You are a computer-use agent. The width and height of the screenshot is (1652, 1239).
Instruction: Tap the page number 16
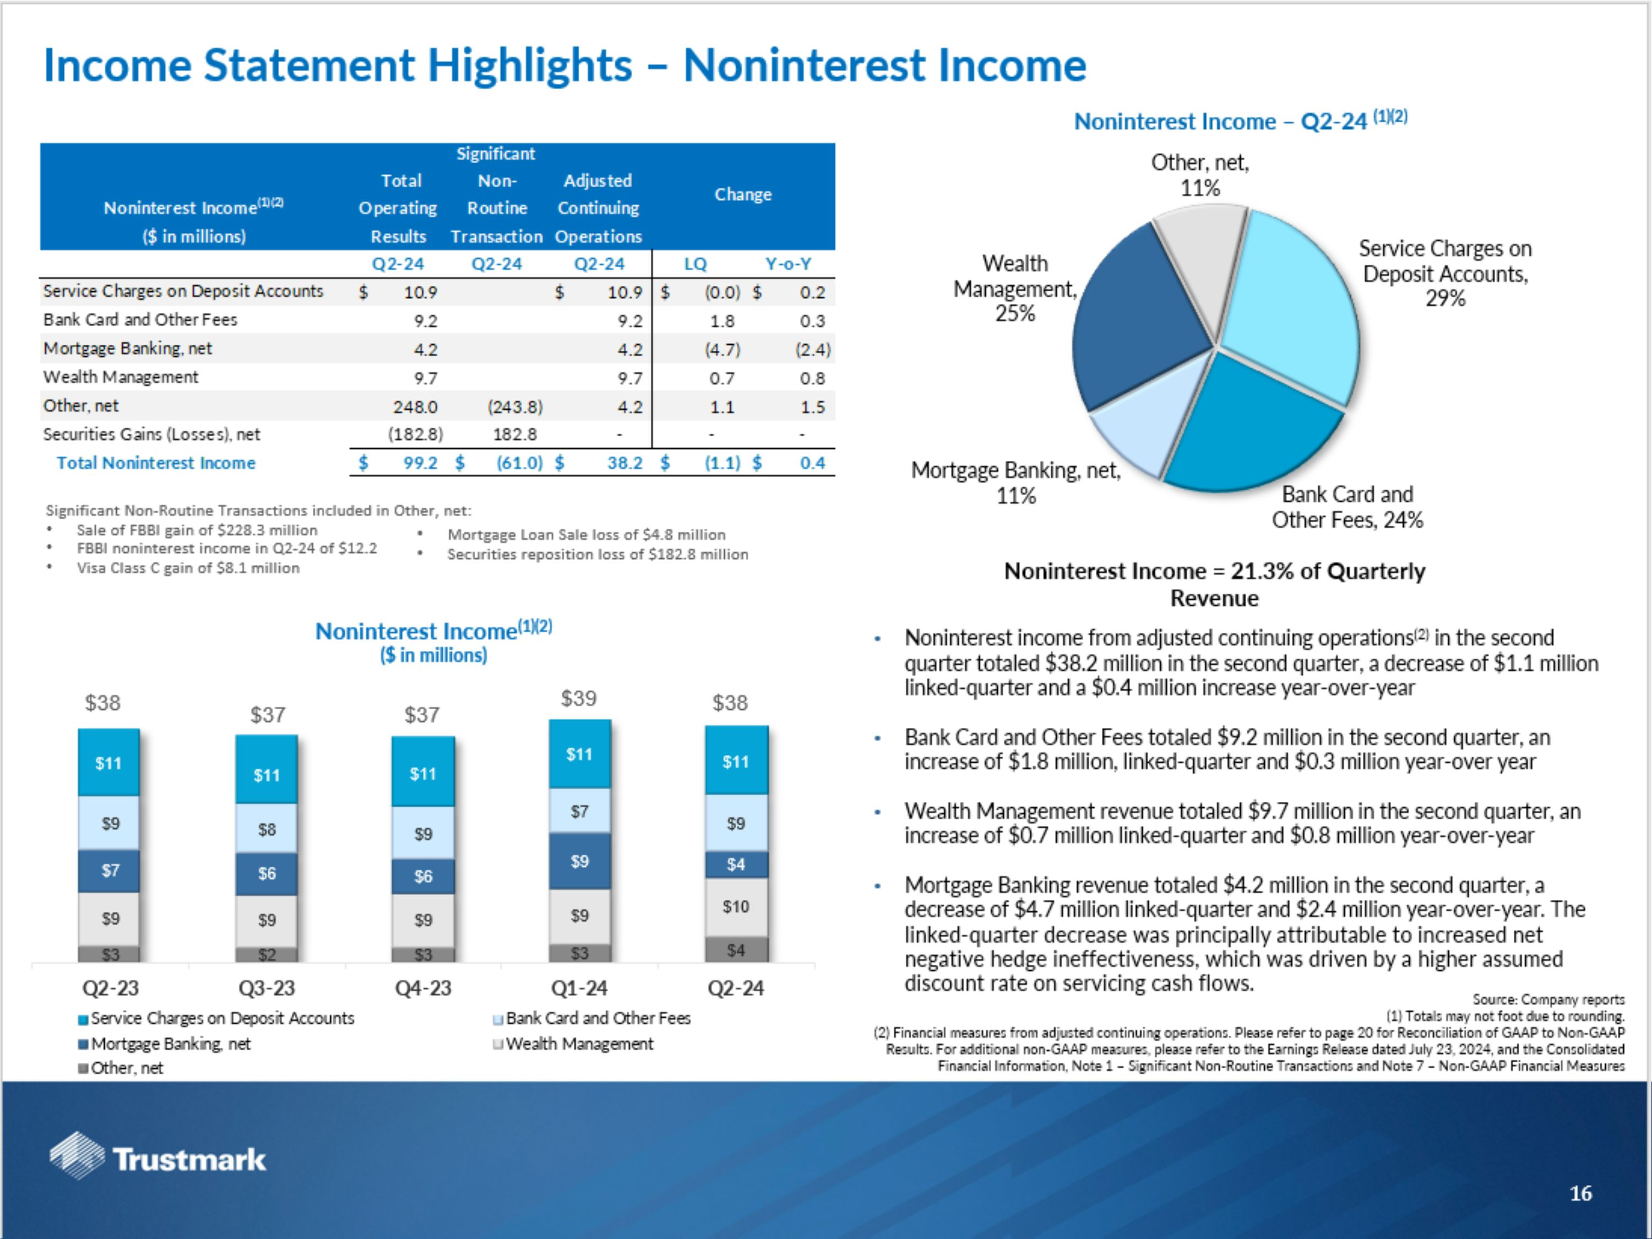pyautogui.click(x=1580, y=1193)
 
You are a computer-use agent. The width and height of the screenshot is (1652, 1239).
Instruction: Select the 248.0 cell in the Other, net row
pyautogui.click(x=415, y=407)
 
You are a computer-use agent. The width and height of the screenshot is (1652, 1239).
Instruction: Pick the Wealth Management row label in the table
pyautogui.click(x=121, y=377)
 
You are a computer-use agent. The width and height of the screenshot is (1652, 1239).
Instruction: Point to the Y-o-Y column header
pyautogui.click(x=788, y=264)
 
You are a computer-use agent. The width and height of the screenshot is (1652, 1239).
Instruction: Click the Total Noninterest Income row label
pyautogui.click(x=156, y=463)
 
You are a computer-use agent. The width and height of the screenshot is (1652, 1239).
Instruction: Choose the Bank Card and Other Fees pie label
pyautogui.click(x=1347, y=507)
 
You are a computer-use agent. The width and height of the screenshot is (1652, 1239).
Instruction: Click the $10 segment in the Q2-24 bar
pyautogui.click(x=736, y=906)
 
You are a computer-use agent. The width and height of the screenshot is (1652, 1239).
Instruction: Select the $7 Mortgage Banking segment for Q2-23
pyautogui.click(x=110, y=871)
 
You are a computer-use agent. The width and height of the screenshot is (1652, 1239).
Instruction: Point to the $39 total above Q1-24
pyautogui.click(x=579, y=698)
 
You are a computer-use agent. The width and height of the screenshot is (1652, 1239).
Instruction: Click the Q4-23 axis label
pyautogui.click(x=423, y=988)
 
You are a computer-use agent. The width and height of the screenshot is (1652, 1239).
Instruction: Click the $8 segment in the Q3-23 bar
pyautogui.click(x=267, y=829)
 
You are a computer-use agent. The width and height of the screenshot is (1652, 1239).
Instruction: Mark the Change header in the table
pyautogui.click(x=742, y=194)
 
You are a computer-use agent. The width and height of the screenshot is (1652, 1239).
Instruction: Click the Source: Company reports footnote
pyautogui.click(x=1548, y=999)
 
